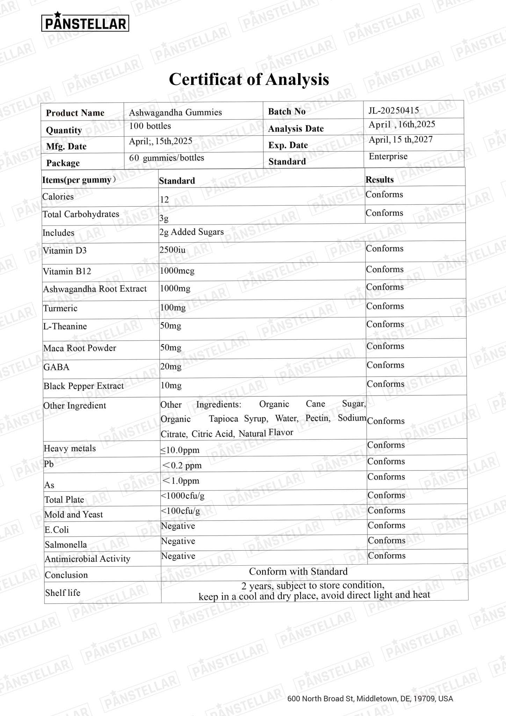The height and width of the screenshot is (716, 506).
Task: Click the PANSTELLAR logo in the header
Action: click(85, 22)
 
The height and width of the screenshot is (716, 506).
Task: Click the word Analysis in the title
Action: click(297, 79)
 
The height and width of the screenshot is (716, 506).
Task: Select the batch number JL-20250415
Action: click(393, 110)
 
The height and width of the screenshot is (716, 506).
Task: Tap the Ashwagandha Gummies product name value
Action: click(175, 112)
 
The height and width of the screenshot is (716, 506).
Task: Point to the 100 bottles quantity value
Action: click(150, 126)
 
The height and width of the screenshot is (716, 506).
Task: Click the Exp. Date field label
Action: click(288, 145)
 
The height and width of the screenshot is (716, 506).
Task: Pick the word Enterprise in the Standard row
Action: click(388, 156)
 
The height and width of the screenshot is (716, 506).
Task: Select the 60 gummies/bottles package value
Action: click(166, 158)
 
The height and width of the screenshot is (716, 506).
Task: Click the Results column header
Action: click(379, 180)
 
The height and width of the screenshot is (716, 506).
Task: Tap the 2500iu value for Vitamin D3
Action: click(172, 250)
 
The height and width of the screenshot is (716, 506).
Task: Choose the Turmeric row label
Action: click(60, 308)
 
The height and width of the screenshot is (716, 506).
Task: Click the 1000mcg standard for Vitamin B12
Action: click(177, 271)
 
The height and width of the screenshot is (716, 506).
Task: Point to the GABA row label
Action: click(56, 367)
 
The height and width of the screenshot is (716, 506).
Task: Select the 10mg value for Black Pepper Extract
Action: click(171, 386)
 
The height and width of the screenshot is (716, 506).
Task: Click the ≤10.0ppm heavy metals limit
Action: click(180, 450)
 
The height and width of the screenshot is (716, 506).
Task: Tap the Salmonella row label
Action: click(66, 545)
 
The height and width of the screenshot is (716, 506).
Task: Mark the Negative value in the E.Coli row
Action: click(178, 526)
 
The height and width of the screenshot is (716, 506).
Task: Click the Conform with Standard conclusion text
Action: click(298, 571)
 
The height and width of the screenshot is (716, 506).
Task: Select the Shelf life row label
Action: click(63, 593)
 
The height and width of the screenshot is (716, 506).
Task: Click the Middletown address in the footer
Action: click(370, 699)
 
